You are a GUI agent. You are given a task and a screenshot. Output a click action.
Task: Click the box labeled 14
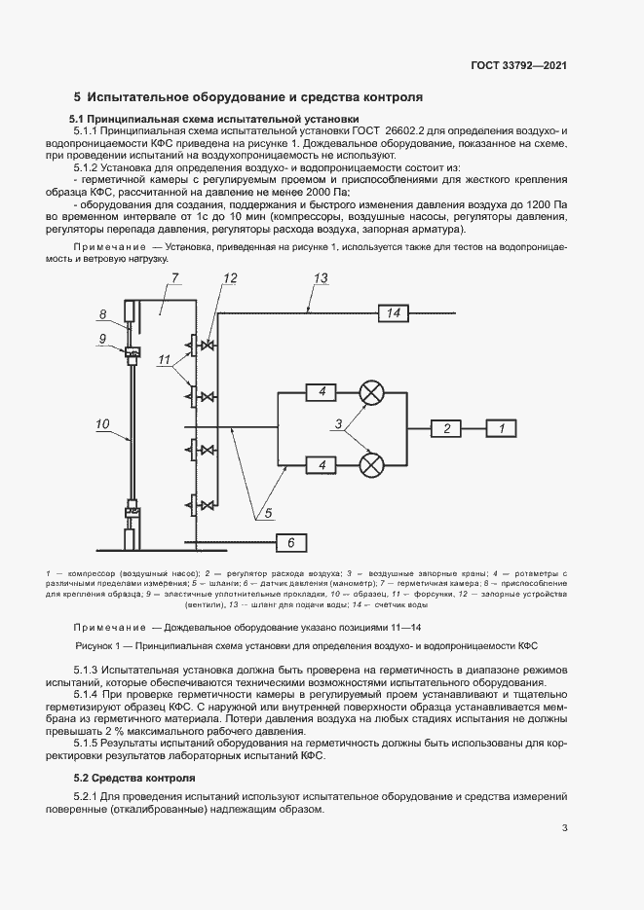tap(394, 312)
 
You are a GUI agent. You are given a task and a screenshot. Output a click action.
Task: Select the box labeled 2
tap(447, 428)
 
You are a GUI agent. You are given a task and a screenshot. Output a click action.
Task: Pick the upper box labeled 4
tap(320, 392)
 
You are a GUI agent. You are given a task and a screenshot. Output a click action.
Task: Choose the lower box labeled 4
tap(320, 465)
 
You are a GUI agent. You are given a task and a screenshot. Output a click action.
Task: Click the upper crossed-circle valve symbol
tap(371, 392)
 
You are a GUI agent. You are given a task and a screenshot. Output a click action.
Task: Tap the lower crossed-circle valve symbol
tap(371, 465)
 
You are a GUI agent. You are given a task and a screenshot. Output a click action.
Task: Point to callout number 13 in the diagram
tap(322, 280)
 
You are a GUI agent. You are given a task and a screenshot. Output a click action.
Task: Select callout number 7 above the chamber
tap(176, 279)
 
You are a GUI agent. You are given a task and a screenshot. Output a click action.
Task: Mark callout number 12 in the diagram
tap(229, 279)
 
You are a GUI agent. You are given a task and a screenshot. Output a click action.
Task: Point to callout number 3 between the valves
tap(338, 423)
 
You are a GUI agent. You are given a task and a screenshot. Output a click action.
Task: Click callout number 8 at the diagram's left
tap(102, 313)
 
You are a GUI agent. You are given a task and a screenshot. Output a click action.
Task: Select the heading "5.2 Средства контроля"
tap(134, 750)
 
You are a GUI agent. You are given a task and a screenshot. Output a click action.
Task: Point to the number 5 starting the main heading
tap(78, 97)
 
